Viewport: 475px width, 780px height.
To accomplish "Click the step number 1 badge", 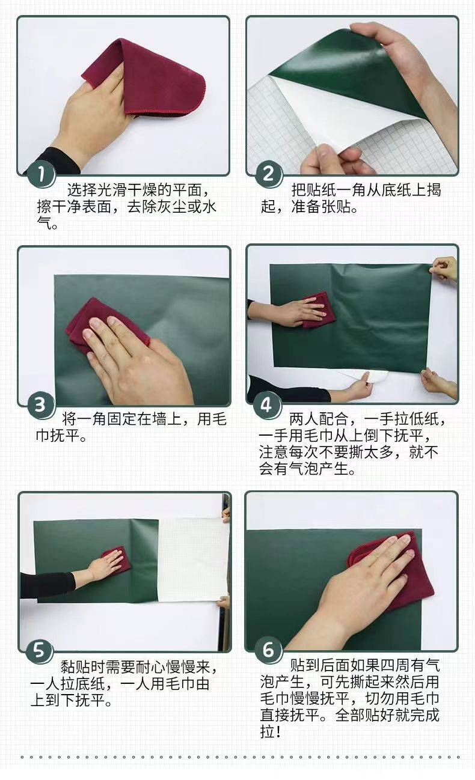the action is pos(41,174).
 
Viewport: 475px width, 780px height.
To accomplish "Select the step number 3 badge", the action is pos(40,405).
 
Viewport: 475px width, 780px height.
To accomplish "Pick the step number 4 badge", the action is pos(266,405).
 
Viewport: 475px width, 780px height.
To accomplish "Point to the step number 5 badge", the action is pos(39,650).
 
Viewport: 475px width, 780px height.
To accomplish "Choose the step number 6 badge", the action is pos(268,650).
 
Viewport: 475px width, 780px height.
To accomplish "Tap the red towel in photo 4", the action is pos(318,309).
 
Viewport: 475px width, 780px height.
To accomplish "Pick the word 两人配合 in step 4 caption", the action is pos(319,419).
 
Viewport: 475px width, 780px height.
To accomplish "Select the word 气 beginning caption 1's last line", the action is pos(44,223).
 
